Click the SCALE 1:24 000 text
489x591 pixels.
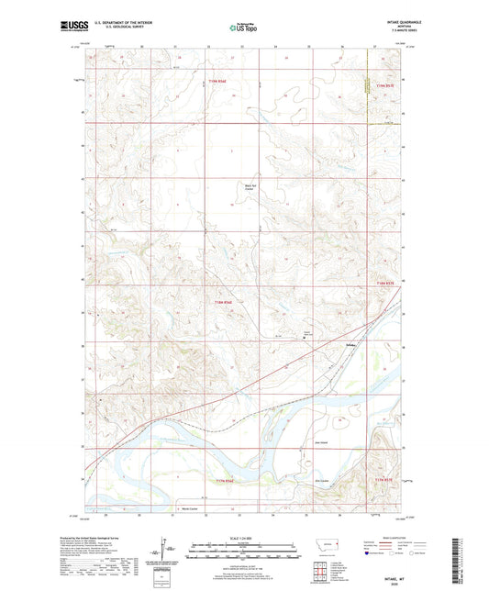[244, 538]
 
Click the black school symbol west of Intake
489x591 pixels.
[306, 338]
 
